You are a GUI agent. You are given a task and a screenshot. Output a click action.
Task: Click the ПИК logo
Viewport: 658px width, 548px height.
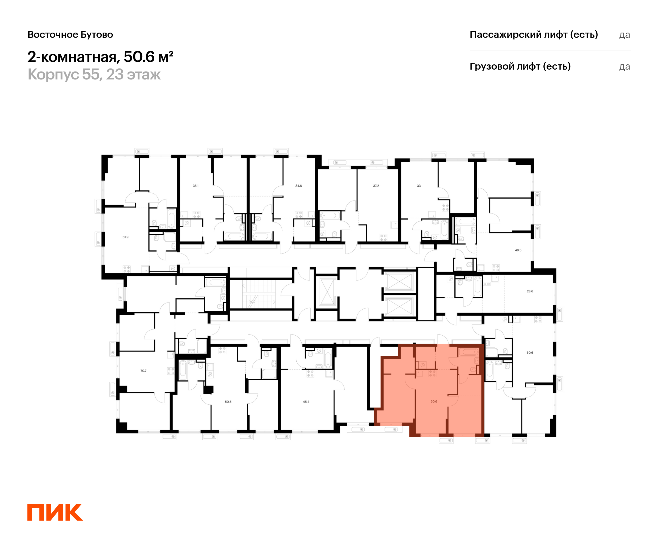(55, 512)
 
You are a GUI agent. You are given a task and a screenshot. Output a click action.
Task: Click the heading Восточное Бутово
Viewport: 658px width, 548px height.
(70, 35)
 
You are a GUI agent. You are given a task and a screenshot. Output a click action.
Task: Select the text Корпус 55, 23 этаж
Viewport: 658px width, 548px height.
(94, 75)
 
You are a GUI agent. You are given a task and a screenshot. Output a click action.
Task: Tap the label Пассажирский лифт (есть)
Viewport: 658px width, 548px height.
(534, 35)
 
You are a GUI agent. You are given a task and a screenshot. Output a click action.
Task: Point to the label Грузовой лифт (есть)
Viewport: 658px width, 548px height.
(520, 66)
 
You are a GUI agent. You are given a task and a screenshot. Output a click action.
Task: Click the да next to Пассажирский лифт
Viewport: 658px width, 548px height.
(625, 35)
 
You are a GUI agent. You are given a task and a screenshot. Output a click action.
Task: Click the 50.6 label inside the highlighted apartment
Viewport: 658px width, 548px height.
(434, 401)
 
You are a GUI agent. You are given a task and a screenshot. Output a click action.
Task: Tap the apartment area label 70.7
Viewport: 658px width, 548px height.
(143, 371)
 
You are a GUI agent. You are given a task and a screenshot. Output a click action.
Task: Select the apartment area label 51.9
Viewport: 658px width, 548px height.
(125, 237)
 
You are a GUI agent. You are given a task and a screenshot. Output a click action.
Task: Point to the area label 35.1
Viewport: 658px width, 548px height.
(195, 186)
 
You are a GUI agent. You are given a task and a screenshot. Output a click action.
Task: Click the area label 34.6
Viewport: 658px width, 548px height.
(298, 186)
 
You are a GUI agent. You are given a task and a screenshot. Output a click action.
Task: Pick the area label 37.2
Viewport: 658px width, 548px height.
(376, 186)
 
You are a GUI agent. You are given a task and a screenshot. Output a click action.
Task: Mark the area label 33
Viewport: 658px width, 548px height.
(419, 186)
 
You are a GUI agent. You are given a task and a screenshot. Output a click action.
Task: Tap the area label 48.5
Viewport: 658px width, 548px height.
(518, 250)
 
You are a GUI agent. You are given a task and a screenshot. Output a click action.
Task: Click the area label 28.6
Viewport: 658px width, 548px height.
(530, 291)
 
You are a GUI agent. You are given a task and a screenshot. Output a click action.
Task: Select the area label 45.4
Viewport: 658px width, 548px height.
(306, 402)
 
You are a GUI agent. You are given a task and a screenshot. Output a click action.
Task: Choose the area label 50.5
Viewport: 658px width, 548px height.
(228, 402)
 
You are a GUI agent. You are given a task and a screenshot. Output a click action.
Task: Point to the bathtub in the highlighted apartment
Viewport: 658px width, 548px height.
(469, 352)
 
